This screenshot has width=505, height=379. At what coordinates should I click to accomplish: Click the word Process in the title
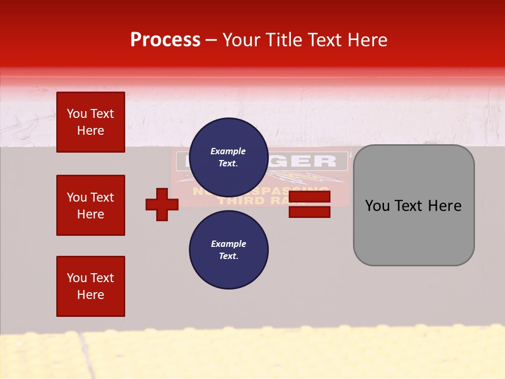tap(165, 40)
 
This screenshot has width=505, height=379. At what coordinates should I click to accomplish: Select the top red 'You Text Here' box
tap(90, 122)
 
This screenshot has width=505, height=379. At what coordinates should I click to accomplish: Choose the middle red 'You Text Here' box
tap(90, 205)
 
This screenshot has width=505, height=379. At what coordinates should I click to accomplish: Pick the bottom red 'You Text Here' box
tap(90, 286)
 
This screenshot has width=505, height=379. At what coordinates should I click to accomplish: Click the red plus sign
tap(162, 204)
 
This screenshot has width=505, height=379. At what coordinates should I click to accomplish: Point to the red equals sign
tap(309, 204)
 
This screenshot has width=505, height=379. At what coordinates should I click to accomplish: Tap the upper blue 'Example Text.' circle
tap(228, 157)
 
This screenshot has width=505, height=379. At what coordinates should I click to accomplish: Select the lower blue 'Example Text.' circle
tap(228, 250)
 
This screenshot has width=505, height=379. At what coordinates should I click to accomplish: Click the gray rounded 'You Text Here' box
tap(413, 205)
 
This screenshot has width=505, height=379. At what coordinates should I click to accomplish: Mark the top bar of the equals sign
tap(309, 197)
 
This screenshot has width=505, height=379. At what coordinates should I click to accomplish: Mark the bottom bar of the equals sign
tap(309, 212)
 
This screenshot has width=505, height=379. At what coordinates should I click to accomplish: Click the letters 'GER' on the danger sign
tap(316, 161)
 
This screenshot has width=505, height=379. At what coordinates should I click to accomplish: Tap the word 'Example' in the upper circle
tap(228, 151)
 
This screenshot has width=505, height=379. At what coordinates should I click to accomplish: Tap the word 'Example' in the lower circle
tap(228, 244)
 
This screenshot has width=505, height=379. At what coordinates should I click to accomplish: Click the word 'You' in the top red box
tap(76, 114)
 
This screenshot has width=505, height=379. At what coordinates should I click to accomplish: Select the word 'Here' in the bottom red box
tap(90, 295)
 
